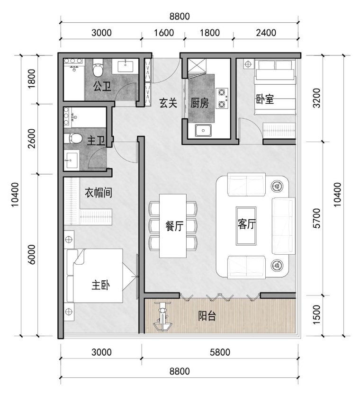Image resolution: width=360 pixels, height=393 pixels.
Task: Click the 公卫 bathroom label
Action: click(x=102, y=87)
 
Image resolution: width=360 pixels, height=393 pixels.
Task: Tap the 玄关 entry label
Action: click(x=168, y=103)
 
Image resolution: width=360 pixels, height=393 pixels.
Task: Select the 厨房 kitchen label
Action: click(x=199, y=103)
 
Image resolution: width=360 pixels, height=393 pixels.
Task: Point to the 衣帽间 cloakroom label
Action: click(x=98, y=193)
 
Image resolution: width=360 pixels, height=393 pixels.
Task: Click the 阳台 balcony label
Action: click(x=207, y=316)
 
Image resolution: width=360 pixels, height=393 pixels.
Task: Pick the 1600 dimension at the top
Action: click(x=164, y=33)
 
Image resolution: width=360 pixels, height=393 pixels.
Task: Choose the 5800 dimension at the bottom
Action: click(x=220, y=352)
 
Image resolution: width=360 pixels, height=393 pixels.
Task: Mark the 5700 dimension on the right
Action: click(x=316, y=218)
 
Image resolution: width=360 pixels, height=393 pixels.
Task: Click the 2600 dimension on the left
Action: click(x=32, y=139)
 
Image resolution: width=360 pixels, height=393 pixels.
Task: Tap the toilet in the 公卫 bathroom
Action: click(x=98, y=67)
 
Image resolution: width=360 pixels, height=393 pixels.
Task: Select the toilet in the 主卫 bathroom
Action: click(x=73, y=138)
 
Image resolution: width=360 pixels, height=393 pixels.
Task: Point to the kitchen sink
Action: click(x=203, y=130)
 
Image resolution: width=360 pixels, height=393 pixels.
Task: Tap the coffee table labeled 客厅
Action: click(x=246, y=225)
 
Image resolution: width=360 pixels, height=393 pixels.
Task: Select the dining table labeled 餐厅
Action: click(x=173, y=226)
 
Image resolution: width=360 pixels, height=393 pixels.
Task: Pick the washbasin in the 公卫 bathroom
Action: click(x=125, y=66)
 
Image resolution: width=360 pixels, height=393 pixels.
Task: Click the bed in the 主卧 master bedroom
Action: click(x=95, y=276)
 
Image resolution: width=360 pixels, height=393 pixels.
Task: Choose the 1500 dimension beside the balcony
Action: click(x=316, y=315)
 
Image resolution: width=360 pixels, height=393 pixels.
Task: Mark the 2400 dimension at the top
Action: click(x=266, y=33)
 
